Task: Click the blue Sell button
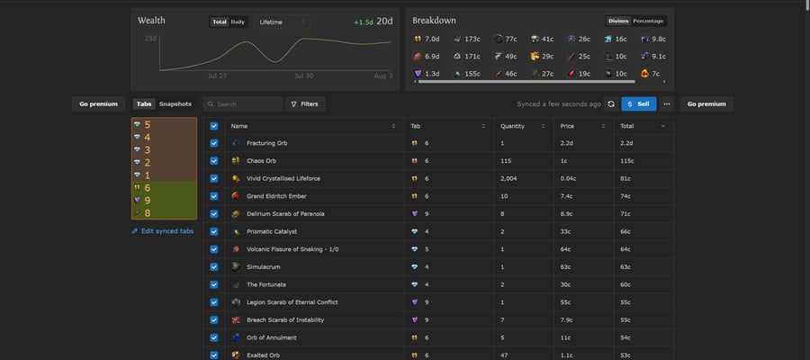click(x=638, y=103)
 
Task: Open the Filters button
click(x=305, y=103)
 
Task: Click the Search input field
click(x=243, y=103)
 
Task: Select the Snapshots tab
click(x=175, y=103)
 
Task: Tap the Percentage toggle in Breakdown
click(x=648, y=22)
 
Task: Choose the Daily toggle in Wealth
click(x=238, y=22)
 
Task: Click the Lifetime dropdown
click(x=282, y=22)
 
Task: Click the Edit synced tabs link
click(x=163, y=231)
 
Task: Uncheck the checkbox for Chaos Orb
click(x=214, y=160)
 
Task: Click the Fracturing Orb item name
click(x=266, y=143)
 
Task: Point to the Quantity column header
click(x=512, y=126)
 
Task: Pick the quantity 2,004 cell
click(x=508, y=178)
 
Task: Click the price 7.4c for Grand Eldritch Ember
click(x=567, y=196)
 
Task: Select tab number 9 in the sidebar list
click(x=148, y=201)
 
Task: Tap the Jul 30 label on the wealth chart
click(x=304, y=76)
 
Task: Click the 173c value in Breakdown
click(x=472, y=39)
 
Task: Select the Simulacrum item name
click(x=264, y=267)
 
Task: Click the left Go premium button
click(x=98, y=103)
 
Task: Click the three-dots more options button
click(x=666, y=103)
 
